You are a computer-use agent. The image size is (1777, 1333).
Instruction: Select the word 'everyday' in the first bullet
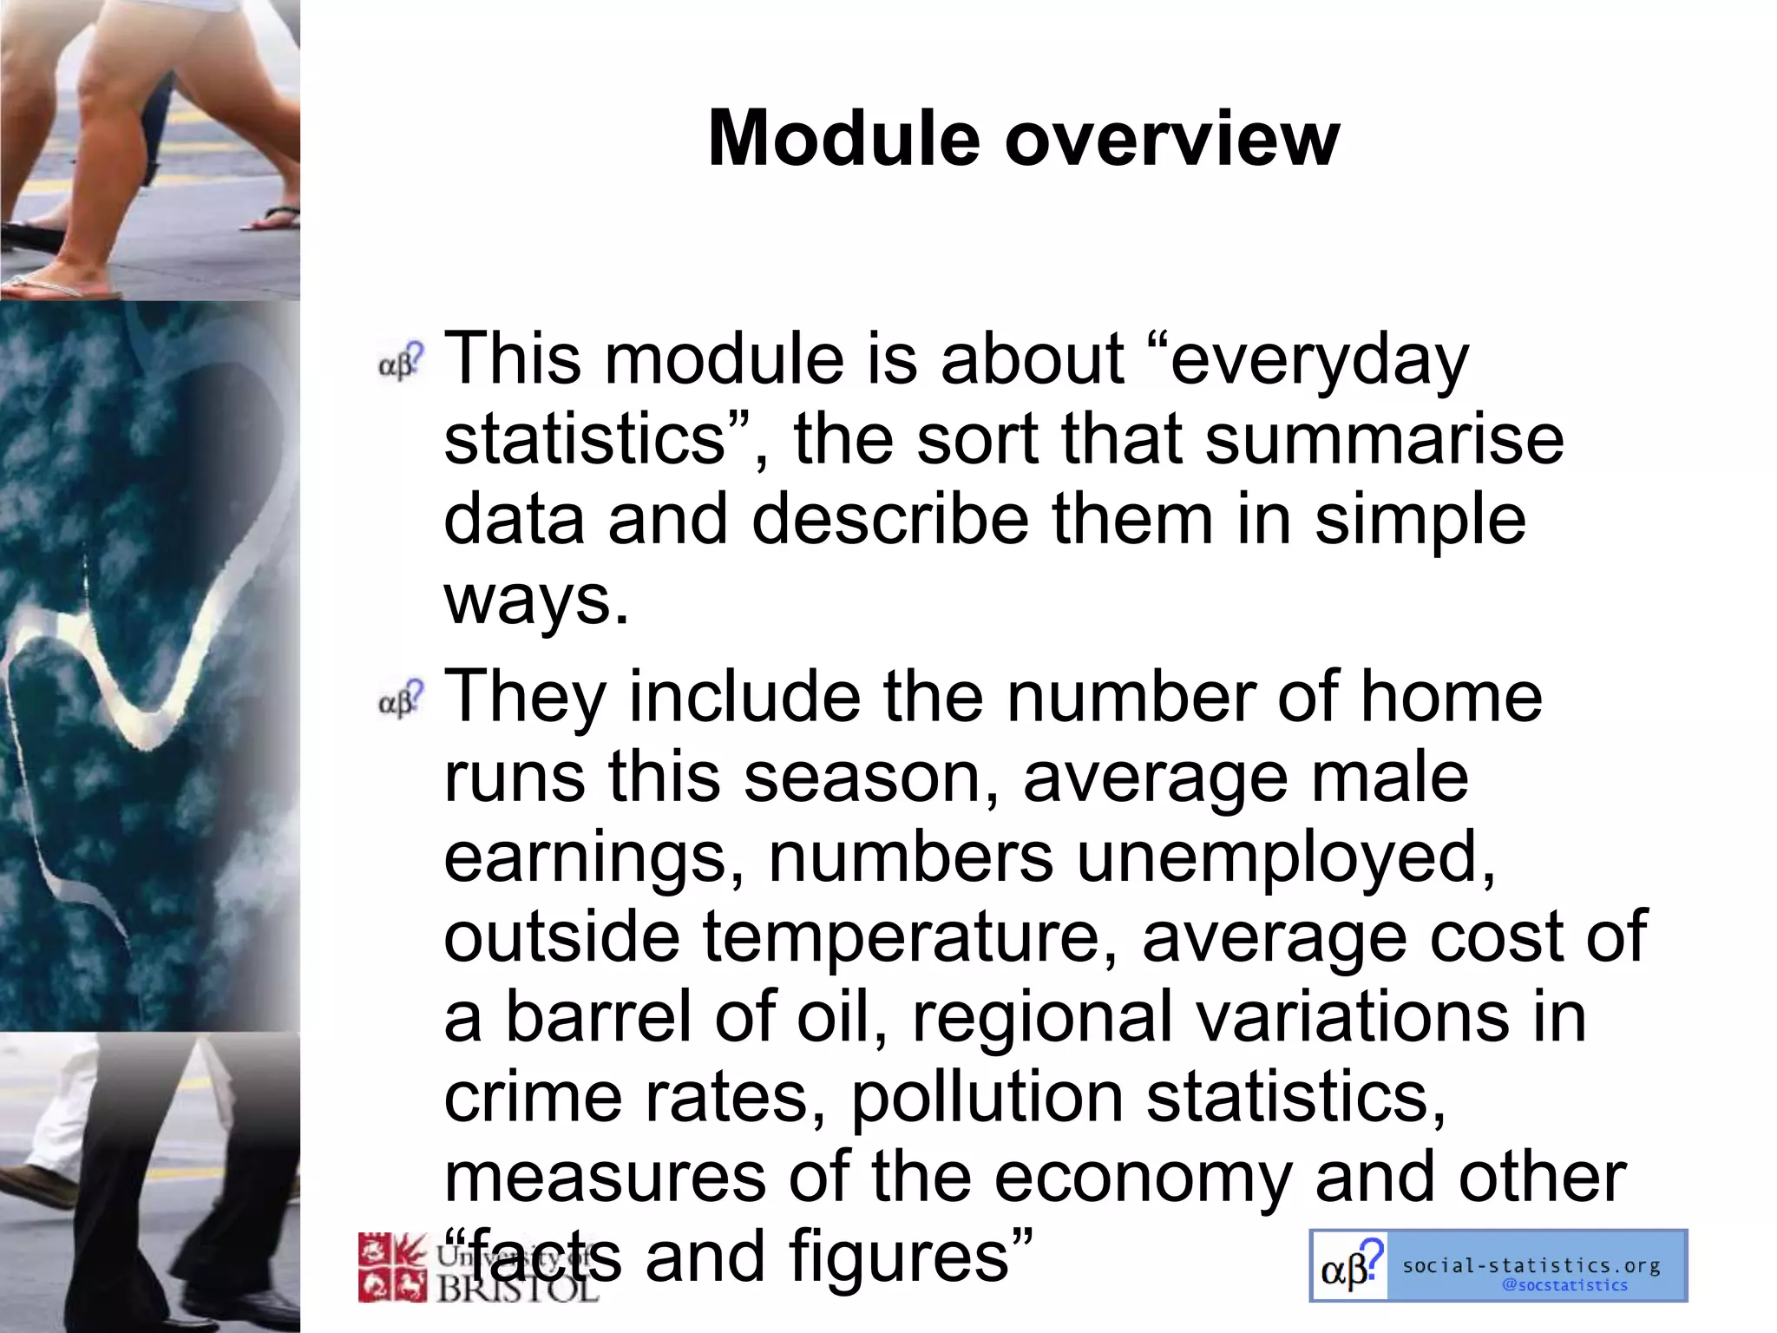tap(1319, 359)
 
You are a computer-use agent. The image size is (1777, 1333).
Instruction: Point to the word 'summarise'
tap(1384, 439)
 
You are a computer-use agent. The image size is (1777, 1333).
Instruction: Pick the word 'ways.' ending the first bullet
tap(535, 599)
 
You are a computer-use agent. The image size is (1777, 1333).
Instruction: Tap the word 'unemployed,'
tap(1287, 857)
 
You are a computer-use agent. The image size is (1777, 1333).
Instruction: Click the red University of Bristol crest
tap(392, 1267)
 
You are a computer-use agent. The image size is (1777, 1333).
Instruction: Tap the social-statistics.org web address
tap(1531, 1265)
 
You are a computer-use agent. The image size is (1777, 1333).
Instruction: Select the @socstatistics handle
tap(1564, 1285)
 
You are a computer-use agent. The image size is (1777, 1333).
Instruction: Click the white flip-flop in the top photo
tap(52, 286)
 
